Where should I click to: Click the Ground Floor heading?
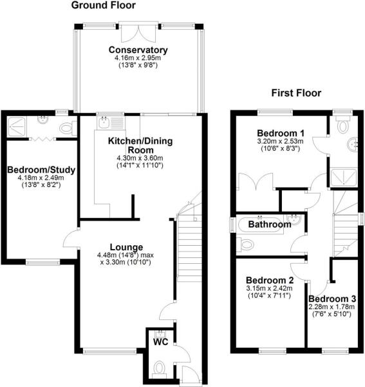(x=103, y=5)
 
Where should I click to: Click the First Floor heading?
(x=296, y=93)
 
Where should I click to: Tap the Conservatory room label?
(x=138, y=50)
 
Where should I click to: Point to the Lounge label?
(x=126, y=247)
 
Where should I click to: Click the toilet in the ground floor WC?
(x=160, y=368)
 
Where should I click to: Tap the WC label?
(x=160, y=342)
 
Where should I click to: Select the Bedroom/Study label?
(x=41, y=170)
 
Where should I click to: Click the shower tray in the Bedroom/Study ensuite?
(x=16, y=127)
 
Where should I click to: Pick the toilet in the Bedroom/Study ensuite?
(x=68, y=128)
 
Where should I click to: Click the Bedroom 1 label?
(x=281, y=134)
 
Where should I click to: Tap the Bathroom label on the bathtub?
(x=270, y=224)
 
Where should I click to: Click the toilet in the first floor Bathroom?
(x=245, y=245)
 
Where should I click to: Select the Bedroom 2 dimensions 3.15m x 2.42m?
(x=269, y=288)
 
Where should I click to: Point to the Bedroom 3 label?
(x=332, y=299)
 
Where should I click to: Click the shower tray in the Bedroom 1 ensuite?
(x=344, y=177)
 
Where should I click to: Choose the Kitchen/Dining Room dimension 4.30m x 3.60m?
(x=140, y=158)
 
